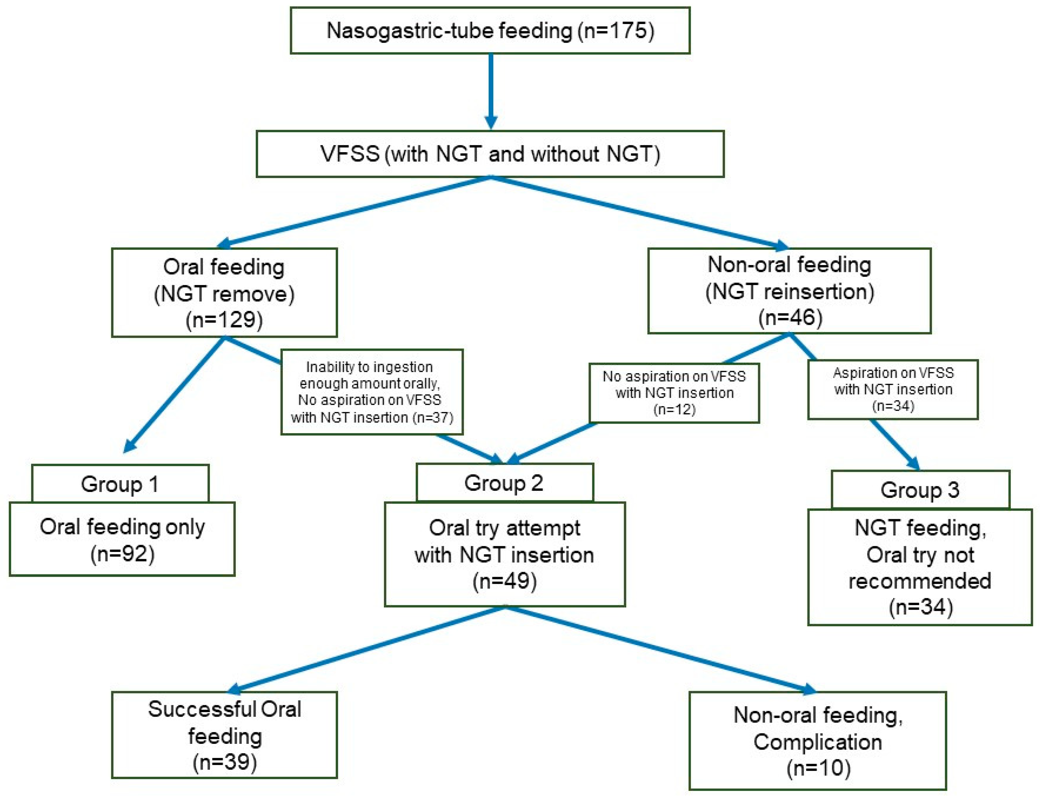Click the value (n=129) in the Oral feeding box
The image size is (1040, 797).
(224, 320)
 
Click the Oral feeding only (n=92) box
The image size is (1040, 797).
(122, 539)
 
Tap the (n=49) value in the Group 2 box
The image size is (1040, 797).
(504, 581)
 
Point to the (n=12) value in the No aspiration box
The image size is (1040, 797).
(674, 409)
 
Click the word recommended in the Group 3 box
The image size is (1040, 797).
(920, 581)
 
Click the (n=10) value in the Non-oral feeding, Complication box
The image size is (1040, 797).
(818, 768)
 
